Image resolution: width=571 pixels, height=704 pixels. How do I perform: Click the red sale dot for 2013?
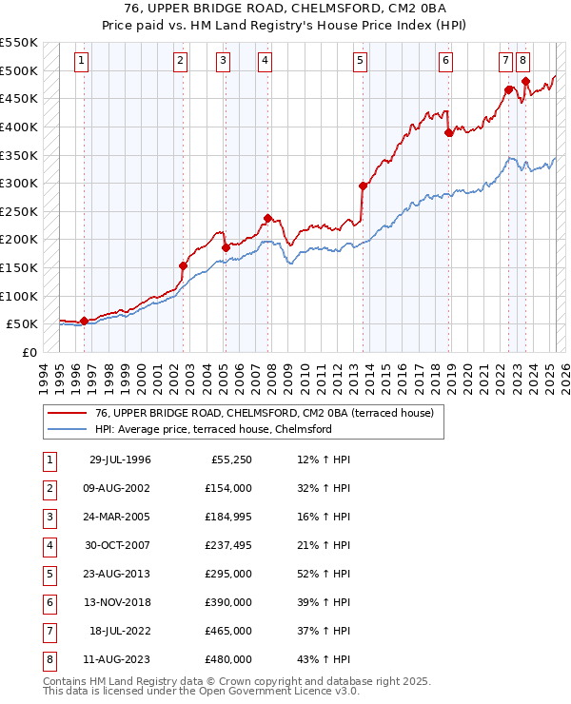tap(363, 186)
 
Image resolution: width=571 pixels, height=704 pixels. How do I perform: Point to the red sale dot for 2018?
tap(448, 133)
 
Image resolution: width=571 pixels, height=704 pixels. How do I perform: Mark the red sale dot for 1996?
tap(84, 321)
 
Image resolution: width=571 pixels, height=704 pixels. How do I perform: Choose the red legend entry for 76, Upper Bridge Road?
tap(264, 413)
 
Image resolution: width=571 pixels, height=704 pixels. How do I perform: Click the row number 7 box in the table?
tap(47, 632)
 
